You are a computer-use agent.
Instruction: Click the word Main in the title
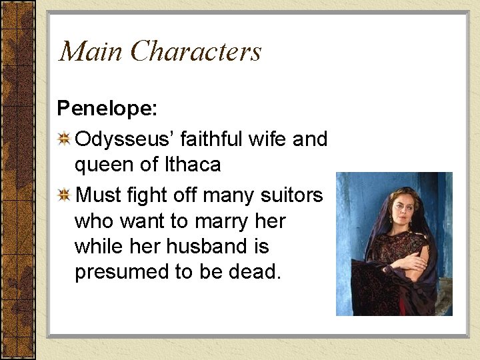91,51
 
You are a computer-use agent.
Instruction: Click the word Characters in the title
196,51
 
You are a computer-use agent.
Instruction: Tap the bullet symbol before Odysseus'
65,139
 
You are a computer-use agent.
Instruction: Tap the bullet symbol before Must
65,195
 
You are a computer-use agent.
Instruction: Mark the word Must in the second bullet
99,195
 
